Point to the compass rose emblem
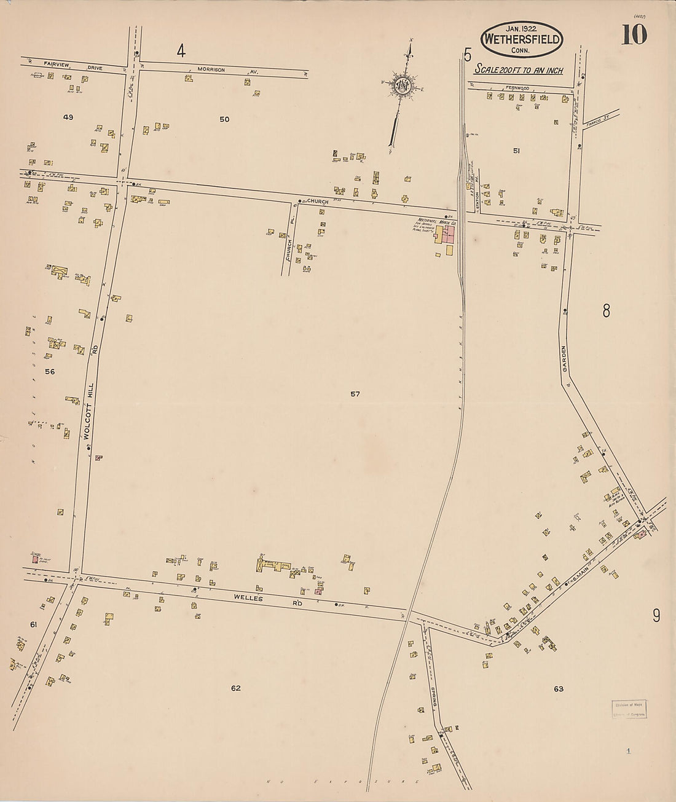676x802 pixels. pyautogui.click(x=403, y=85)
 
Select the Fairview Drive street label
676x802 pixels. pyautogui.click(x=59, y=64)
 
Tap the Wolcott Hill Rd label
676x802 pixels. pyautogui.click(x=90, y=393)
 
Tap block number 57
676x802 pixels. pyautogui.click(x=355, y=394)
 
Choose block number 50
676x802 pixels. pyautogui.click(x=224, y=119)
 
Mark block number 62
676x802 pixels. pyautogui.click(x=235, y=688)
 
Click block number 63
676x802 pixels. pyautogui.click(x=558, y=689)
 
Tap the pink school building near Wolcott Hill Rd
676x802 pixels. pyautogui.click(x=35, y=560)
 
